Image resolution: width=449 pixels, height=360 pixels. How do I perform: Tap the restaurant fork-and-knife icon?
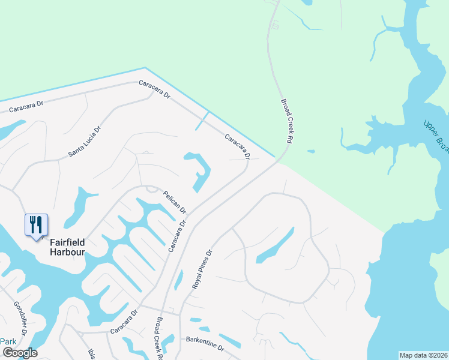36,226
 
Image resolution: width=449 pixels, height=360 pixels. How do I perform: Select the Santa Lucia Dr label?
85,142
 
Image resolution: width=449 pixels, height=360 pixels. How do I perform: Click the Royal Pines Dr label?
202,270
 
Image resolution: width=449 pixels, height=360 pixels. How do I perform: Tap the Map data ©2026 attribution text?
423,355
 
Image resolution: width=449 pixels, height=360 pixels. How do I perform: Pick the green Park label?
8,341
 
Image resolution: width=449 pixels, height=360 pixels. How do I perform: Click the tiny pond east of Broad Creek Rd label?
310,151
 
